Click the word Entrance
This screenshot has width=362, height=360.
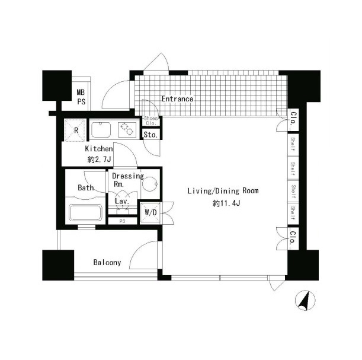[x=177, y=99]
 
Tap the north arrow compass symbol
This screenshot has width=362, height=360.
[x=305, y=300]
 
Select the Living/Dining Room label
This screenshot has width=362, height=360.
[x=223, y=191]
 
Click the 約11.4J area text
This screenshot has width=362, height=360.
[x=226, y=203]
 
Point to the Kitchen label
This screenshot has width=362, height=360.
[x=99, y=149]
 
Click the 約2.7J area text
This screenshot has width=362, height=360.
[x=99, y=160]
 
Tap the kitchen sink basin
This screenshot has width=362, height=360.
[x=101, y=130]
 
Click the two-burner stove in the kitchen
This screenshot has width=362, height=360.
[x=127, y=130]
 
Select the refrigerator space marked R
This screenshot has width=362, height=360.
[x=75, y=130]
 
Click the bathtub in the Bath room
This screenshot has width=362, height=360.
[x=85, y=212]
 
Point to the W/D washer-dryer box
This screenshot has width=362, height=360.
[x=150, y=212]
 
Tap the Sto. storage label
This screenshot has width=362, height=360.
[x=150, y=135]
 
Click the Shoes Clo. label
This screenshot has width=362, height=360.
[x=151, y=120]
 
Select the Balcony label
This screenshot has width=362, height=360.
[x=107, y=263]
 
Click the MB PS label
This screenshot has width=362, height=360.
[x=81, y=97]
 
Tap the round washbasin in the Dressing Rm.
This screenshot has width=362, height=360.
[x=150, y=184]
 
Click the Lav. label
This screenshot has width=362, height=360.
[x=122, y=201]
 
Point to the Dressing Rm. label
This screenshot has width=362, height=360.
[x=127, y=180]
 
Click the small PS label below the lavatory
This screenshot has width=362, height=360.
[x=123, y=221]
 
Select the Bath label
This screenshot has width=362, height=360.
[x=86, y=187]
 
